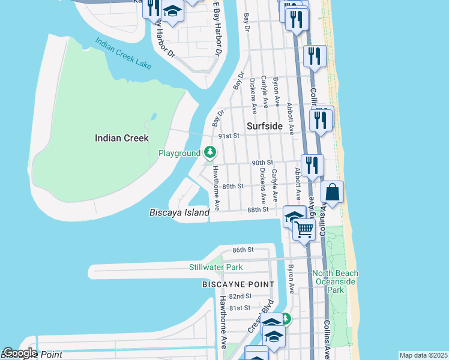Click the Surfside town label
[265, 126]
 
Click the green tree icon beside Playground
[210, 153]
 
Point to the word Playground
[179, 154]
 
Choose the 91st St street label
[229, 136]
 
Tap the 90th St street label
[262, 163]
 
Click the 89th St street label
[232, 187]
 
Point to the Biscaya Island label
[179, 212]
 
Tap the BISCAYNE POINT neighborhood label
[238, 284]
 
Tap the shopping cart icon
[304, 229]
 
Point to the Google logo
[19, 353]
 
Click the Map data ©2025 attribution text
[423, 355]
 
